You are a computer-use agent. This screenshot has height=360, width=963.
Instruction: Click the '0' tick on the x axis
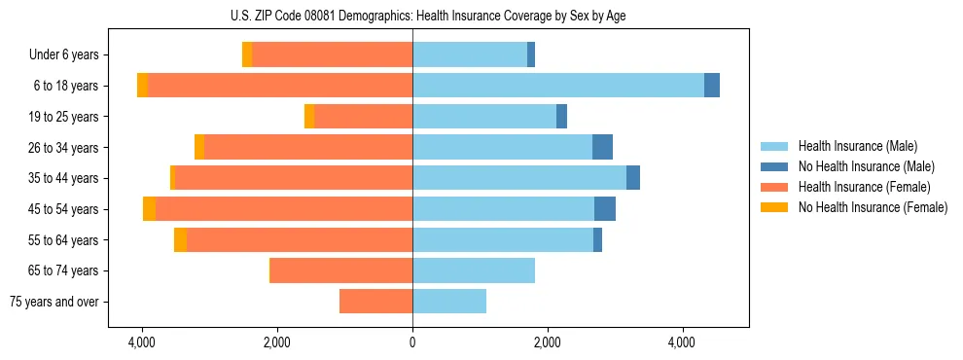point(412,342)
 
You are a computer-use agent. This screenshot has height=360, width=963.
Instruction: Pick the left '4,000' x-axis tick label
point(142,342)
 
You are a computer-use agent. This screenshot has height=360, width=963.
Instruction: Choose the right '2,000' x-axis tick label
point(548,342)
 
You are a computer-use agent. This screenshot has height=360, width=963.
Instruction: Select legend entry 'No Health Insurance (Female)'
point(873,207)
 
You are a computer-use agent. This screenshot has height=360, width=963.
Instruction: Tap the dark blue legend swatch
point(775,166)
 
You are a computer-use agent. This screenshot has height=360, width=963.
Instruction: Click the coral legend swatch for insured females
point(775,187)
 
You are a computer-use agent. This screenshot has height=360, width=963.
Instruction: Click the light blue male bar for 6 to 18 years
point(558,86)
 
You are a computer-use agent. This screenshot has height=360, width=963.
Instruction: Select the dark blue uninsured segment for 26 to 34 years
point(602,147)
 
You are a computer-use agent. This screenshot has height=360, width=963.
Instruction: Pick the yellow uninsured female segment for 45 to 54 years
point(149,208)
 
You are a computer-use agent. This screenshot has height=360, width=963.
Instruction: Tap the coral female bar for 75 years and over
point(375,302)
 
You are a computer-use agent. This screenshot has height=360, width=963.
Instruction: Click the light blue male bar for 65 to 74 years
point(474,270)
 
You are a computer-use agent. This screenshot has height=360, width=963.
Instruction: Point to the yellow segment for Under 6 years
point(247,55)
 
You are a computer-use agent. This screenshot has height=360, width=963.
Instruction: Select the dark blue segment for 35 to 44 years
point(633,178)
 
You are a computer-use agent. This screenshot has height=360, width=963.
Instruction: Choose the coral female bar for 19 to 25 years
point(364,117)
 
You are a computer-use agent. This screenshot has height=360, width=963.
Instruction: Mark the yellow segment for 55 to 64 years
point(180,239)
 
